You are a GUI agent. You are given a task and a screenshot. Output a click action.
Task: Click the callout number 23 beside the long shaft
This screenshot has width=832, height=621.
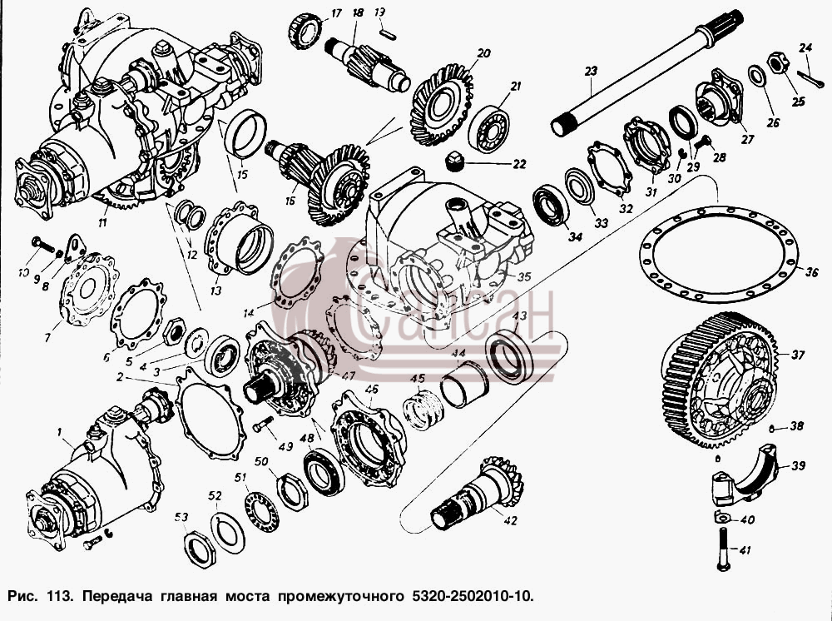click(591, 71)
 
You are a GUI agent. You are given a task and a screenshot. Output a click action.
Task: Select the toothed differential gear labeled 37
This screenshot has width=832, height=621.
click(719, 380)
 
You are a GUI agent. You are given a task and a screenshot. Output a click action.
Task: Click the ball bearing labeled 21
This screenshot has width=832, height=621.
click(488, 129)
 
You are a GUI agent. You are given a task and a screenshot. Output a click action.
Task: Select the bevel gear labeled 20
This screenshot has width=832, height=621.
click(442, 105)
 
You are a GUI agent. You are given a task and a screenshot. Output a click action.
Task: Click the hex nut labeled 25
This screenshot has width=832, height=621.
click(777, 62)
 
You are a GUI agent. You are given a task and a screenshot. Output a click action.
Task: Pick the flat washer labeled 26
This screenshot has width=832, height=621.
click(756, 77)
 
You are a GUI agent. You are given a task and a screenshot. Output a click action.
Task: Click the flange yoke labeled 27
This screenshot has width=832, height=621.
click(720, 97)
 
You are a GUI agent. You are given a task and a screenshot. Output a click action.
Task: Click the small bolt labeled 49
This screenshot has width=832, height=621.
click(263, 424)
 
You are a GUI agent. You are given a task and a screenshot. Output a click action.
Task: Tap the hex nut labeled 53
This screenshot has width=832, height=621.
click(200, 549)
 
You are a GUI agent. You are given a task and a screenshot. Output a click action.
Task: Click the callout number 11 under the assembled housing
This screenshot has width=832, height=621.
click(103, 222)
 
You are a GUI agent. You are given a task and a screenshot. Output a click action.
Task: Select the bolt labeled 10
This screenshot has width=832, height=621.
click(43, 245)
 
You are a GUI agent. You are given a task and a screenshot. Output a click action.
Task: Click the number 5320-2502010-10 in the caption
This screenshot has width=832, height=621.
click(471, 595)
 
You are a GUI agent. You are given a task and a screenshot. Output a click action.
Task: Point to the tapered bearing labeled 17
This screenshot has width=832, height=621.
click(305, 32)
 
